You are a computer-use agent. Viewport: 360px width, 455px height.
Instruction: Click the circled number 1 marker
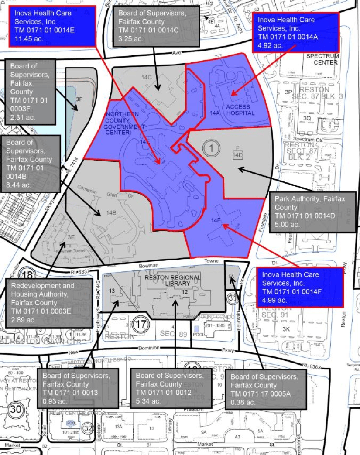(x=211, y=149)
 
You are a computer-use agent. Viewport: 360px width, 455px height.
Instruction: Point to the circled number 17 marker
(x=141, y=325)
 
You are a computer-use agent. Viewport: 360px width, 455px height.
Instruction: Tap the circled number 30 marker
(x=16, y=409)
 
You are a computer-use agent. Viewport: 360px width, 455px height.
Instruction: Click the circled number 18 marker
(x=27, y=275)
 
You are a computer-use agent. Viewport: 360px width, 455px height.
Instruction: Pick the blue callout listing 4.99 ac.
(x=299, y=287)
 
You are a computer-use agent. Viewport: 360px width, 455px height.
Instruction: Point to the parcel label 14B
(x=111, y=213)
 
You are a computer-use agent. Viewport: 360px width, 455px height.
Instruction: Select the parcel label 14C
(x=146, y=77)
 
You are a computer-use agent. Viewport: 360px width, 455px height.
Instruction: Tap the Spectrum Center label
(x=322, y=59)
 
